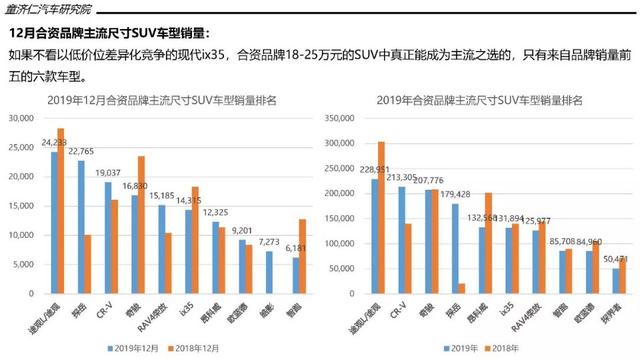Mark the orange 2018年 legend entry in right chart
click(526, 347)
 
